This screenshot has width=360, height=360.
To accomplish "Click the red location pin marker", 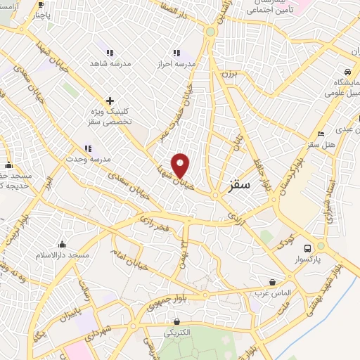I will click(181, 165).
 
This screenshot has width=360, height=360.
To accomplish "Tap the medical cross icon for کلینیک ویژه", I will click(109, 101).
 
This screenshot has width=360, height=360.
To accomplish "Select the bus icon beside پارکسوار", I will click(307, 248).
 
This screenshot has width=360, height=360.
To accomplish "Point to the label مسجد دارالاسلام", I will click(63, 255).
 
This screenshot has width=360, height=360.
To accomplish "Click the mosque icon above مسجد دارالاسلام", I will click(63, 245).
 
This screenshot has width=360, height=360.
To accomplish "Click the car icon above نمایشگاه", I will click(347, 72).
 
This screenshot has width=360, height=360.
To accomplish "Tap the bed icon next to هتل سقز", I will click(321, 134).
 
